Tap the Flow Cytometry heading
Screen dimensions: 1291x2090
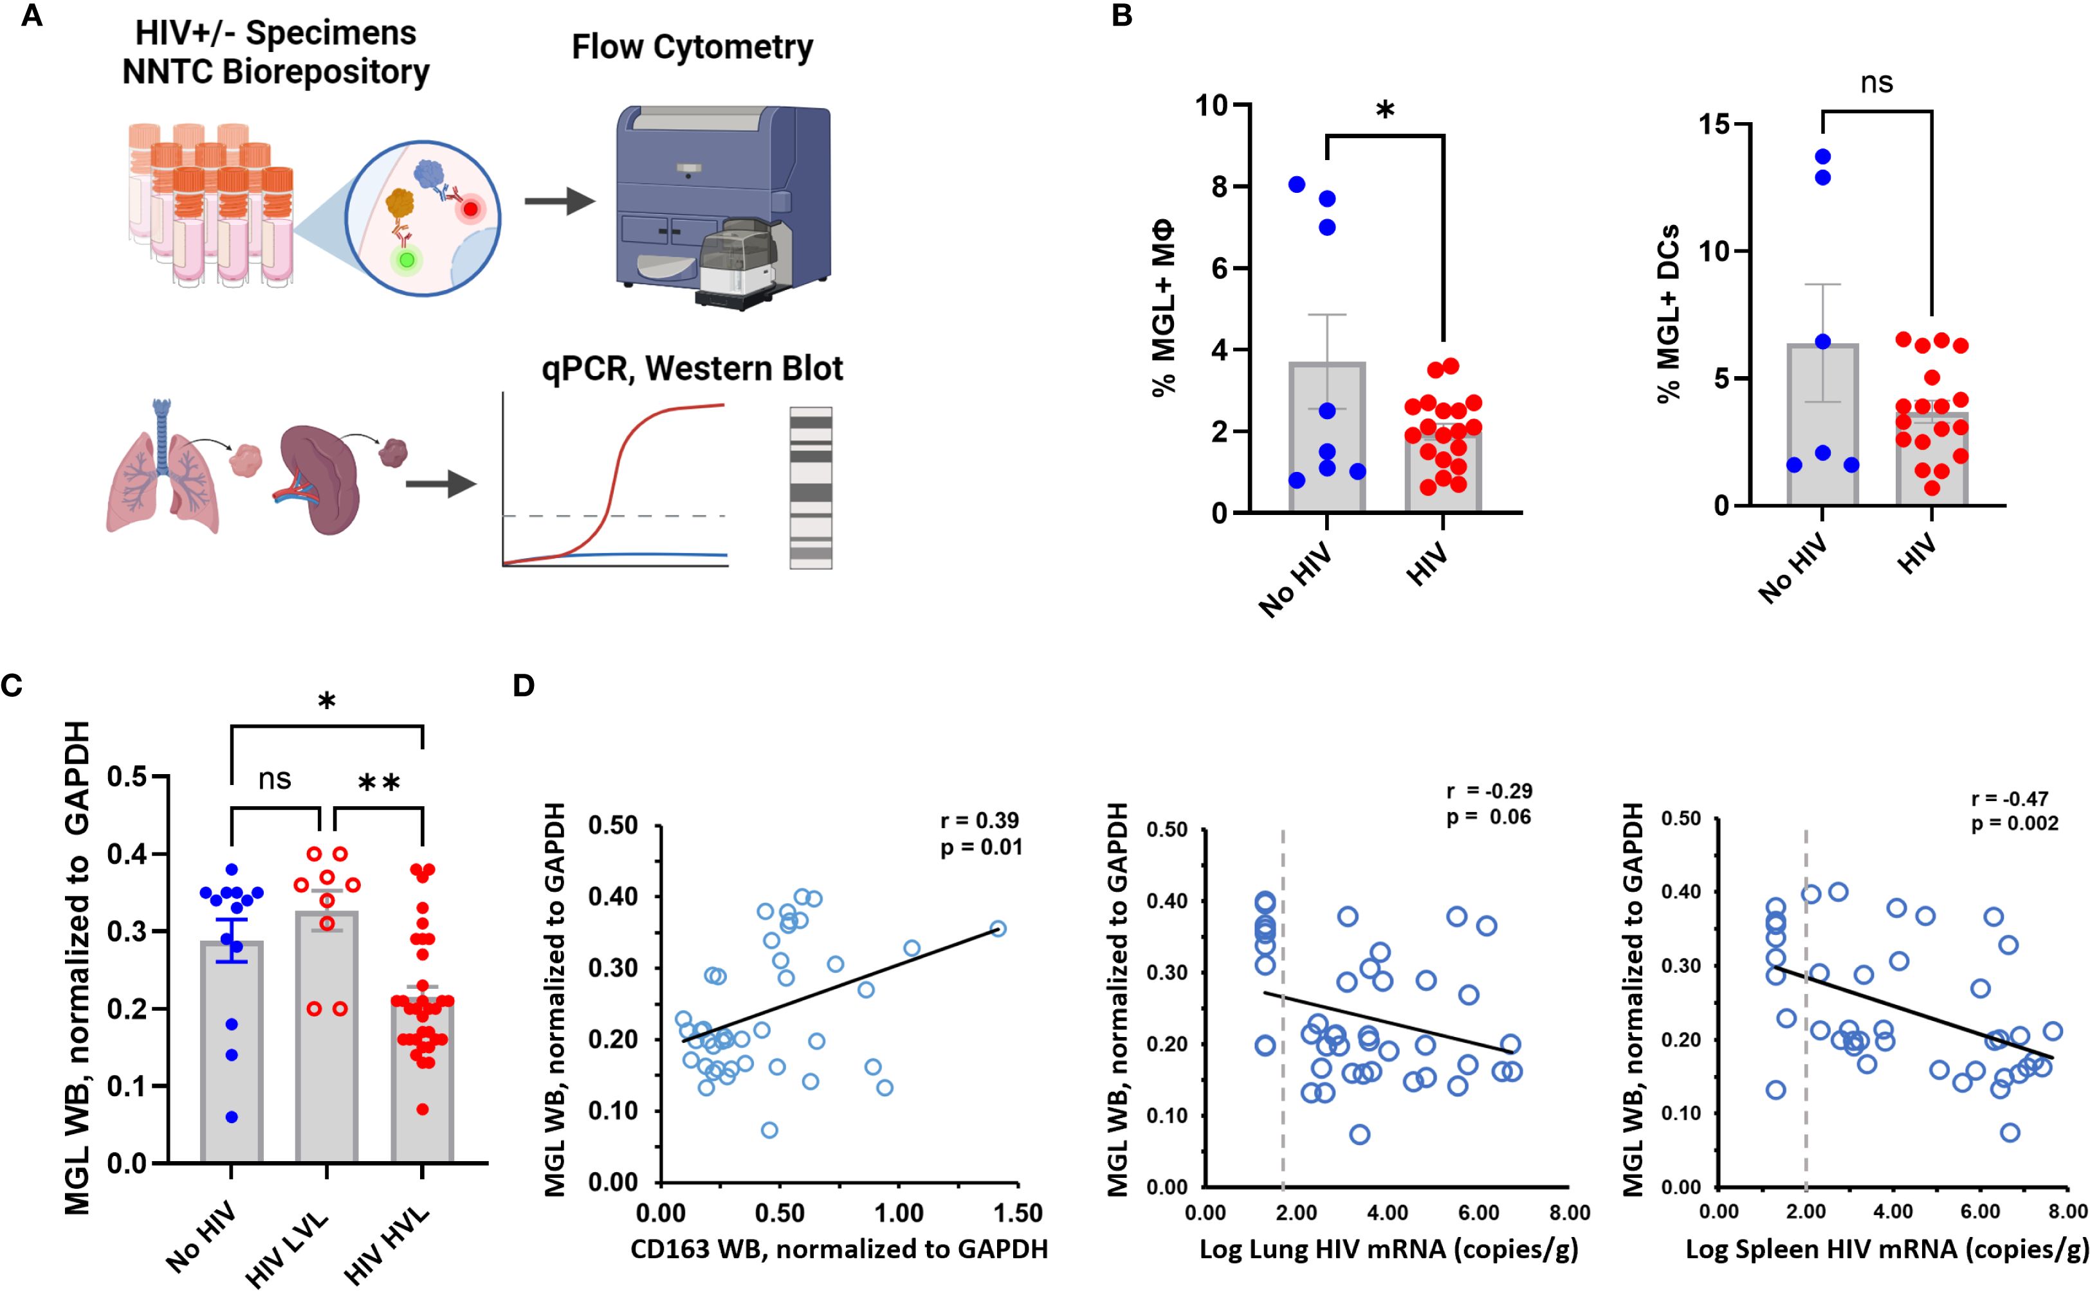tap(692, 48)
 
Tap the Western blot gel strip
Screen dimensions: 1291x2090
tap(810, 487)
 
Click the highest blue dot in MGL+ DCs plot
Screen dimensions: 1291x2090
tap(1822, 156)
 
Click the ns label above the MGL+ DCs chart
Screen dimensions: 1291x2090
tap(1876, 84)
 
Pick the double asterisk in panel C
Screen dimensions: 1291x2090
tap(378, 784)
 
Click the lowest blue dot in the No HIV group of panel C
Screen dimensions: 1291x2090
tap(232, 1117)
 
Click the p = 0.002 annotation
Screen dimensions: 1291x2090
tap(2015, 823)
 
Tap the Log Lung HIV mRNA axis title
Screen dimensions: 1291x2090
tap(1389, 1249)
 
